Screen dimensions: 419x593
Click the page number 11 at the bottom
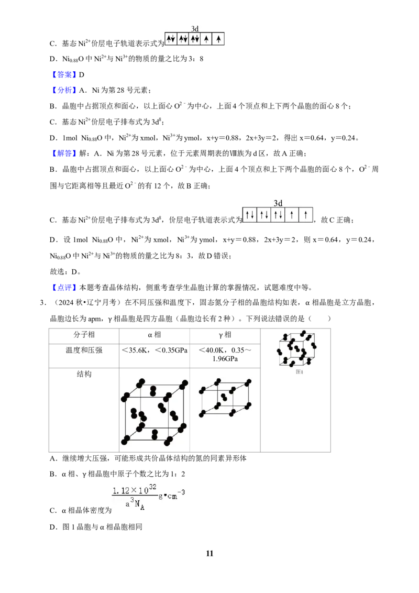(x=210, y=553)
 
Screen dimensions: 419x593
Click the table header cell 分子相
(x=84, y=335)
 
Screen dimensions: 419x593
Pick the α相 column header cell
(x=155, y=335)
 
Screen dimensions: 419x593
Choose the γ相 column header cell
(x=225, y=335)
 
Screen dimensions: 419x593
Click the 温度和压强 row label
(x=84, y=350)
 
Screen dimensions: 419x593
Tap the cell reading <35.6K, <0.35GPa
(x=155, y=350)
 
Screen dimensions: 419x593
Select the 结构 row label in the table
(x=84, y=374)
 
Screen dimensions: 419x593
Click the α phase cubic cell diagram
(x=155, y=412)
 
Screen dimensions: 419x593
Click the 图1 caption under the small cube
(x=300, y=372)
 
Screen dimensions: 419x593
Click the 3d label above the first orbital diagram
(x=195, y=29)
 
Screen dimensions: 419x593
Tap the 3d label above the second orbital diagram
(x=278, y=203)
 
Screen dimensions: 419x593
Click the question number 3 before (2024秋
(x=43, y=303)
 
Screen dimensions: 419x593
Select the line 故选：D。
(x=65, y=271)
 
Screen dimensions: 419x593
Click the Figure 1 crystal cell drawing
(x=297, y=349)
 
